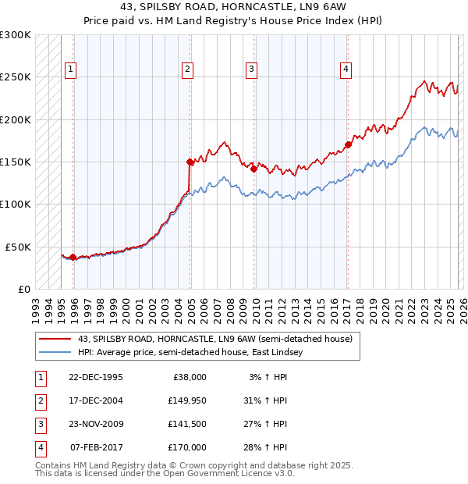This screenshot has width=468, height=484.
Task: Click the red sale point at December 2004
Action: (190, 162)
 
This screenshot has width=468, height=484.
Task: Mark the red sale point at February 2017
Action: (349, 144)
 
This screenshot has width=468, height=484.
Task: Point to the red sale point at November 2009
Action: (254, 168)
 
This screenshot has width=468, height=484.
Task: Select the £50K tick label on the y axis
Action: (18, 247)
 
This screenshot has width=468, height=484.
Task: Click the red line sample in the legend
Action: (55, 339)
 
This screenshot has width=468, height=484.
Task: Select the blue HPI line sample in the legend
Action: (55, 353)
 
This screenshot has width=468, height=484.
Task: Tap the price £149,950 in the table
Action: (186, 400)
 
